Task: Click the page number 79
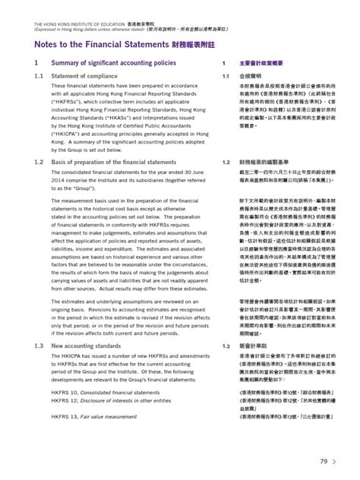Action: coord(323,461)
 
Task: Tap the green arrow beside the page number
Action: coord(336,461)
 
